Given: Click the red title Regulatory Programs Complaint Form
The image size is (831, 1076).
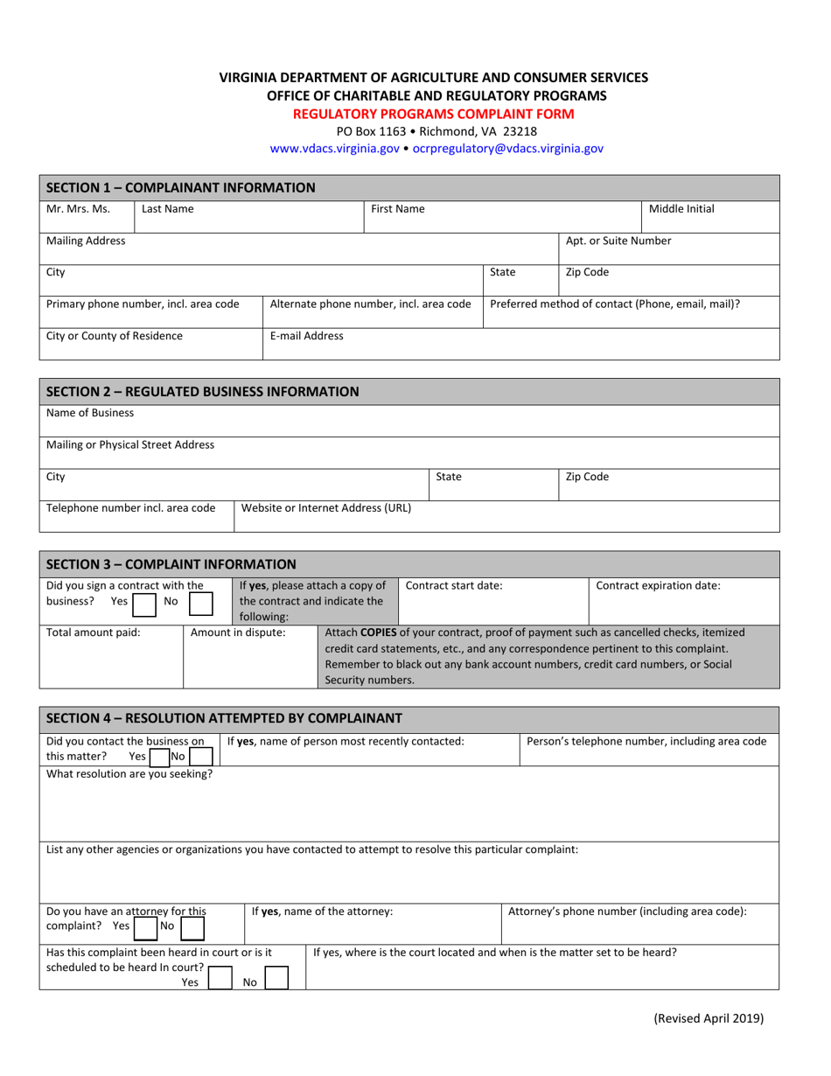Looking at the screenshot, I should pos(433,114).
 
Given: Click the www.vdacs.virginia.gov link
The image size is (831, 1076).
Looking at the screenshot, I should pos(334,149).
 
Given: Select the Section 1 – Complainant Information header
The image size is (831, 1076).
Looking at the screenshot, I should pos(180,187).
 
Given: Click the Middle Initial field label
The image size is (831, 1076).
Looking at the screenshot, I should pos(681,209).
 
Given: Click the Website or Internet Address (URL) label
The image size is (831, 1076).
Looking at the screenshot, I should pos(326,507).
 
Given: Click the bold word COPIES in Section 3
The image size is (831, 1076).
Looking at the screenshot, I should pos(377,632).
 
